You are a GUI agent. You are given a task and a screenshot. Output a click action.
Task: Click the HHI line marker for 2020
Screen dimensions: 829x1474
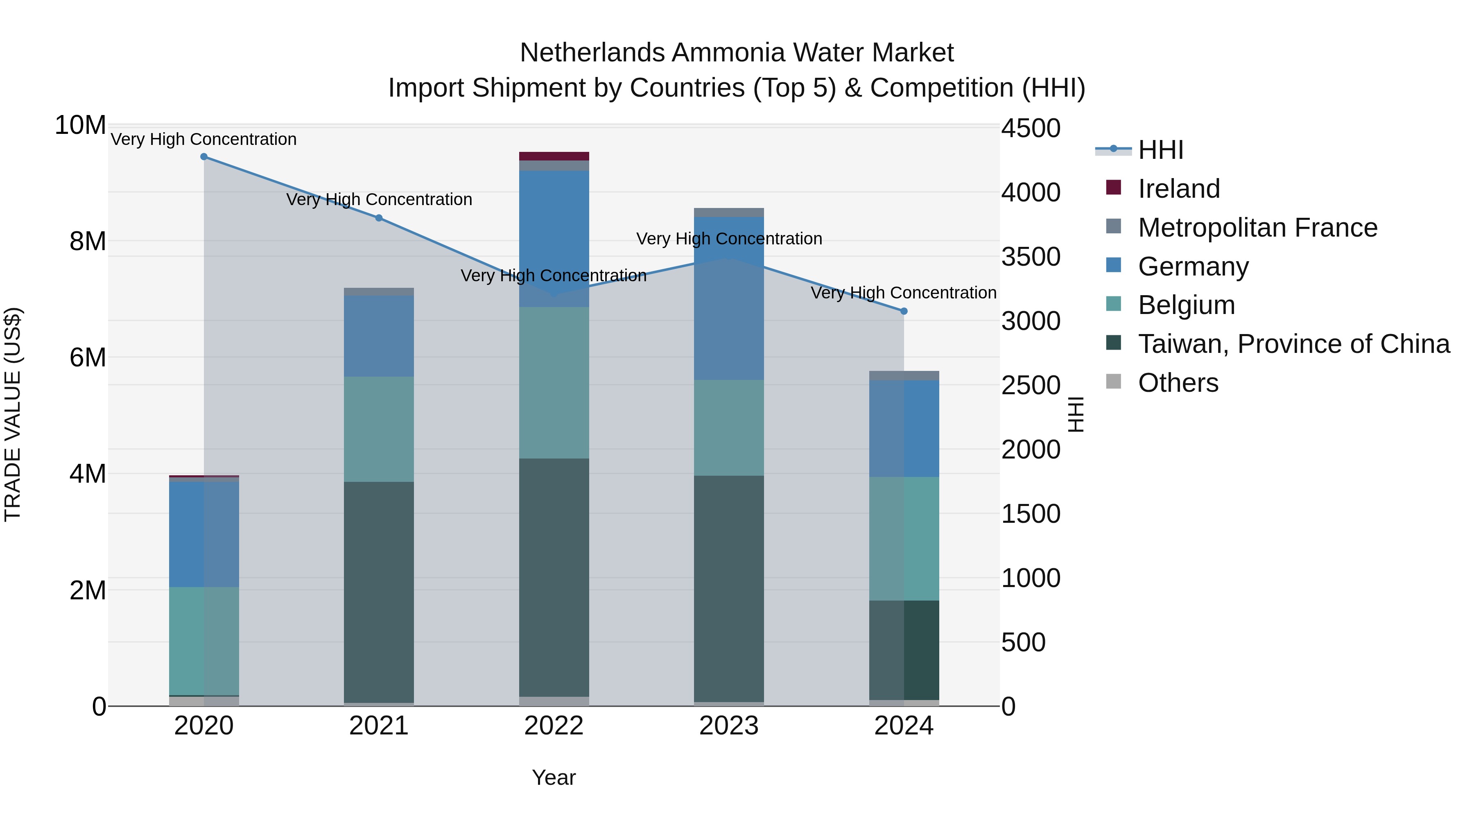[x=204, y=157]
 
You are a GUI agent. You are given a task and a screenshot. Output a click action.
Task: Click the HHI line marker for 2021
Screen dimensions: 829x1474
[x=379, y=218]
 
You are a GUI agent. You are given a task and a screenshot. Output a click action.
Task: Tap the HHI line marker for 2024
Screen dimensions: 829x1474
[x=904, y=311]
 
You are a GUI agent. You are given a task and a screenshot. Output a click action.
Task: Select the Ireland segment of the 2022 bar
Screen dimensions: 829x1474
[x=554, y=156]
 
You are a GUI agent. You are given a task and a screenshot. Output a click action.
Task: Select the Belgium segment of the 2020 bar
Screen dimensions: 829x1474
[x=204, y=641]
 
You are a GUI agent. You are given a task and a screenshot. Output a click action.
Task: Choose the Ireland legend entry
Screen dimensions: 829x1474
[x=1179, y=189]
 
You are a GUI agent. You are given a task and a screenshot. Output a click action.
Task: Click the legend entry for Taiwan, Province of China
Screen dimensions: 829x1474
[x=1293, y=344]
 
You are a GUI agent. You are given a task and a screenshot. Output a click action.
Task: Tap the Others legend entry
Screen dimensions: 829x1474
[x=1178, y=383]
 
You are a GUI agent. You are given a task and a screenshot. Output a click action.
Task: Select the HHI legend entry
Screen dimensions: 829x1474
[x=1160, y=150]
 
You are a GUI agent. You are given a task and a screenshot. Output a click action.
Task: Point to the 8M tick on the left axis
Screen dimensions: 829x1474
[x=88, y=242]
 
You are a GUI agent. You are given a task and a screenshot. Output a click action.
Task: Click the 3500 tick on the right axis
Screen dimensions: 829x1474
[x=1030, y=257]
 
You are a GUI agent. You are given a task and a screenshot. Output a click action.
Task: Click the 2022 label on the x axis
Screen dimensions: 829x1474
[x=554, y=726]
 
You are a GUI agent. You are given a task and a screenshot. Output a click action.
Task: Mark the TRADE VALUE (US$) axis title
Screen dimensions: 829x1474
[x=13, y=414]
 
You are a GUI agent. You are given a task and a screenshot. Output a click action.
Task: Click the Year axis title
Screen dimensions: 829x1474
[x=554, y=777]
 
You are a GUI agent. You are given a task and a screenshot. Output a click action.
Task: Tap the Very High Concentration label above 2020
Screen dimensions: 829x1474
[x=204, y=139]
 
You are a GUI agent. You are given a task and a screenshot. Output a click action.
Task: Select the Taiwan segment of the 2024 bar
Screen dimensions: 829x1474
[x=904, y=650]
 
